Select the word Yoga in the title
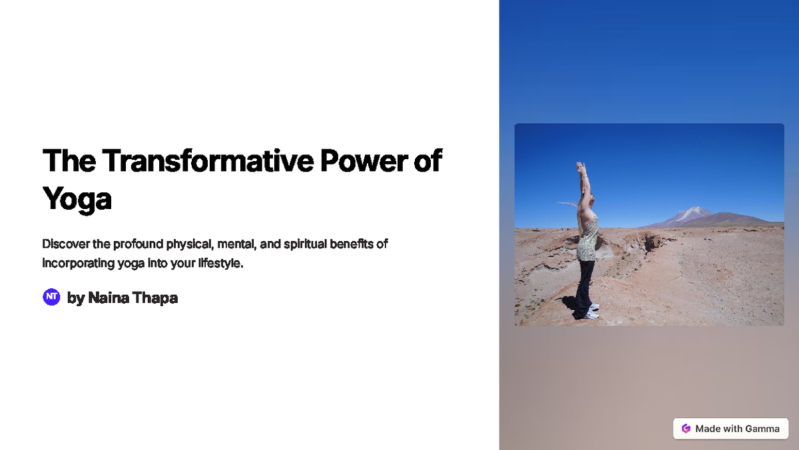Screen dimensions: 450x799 pyautogui.click(x=77, y=198)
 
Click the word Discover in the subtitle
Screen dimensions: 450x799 pyautogui.click(x=66, y=244)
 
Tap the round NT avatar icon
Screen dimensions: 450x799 pyautogui.click(x=51, y=298)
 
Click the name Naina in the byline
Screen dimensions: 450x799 pyautogui.click(x=109, y=298)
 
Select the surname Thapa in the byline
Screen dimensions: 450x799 pyautogui.click(x=155, y=298)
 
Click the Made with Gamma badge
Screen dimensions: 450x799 pyautogui.click(x=730, y=429)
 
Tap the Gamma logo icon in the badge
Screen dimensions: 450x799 pyautogui.click(x=686, y=429)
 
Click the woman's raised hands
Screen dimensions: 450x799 pyautogui.click(x=581, y=166)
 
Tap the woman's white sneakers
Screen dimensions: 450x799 pyautogui.click(x=591, y=311)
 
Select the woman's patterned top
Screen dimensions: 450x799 pyautogui.click(x=587, y=240)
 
